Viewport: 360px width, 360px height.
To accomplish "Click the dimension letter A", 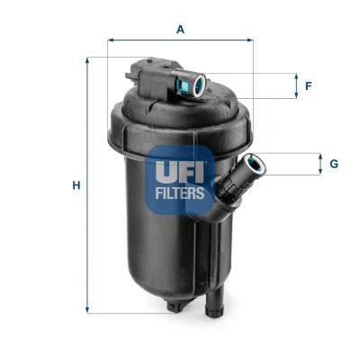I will tap(180, 29).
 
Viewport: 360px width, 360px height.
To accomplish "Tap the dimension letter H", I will tap(76, 185).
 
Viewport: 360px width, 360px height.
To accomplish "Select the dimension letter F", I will tap(308, 86).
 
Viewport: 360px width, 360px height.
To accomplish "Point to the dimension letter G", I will tap(334, 164).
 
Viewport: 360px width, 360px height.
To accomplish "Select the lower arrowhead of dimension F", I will tap(296, 95).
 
